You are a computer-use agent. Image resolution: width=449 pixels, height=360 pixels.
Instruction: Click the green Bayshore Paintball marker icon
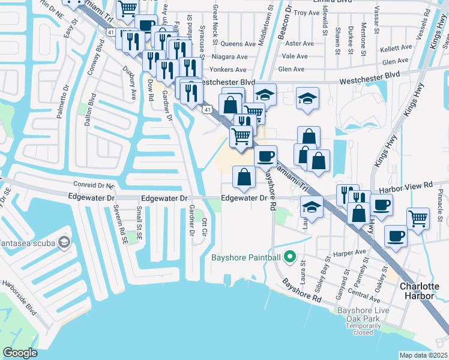point(289,257)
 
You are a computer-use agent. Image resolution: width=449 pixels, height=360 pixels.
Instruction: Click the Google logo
point(20,353)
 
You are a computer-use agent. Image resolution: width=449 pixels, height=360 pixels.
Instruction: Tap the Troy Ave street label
point(308,12)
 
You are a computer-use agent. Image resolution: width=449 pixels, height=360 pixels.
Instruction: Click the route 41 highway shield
point(206,109)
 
